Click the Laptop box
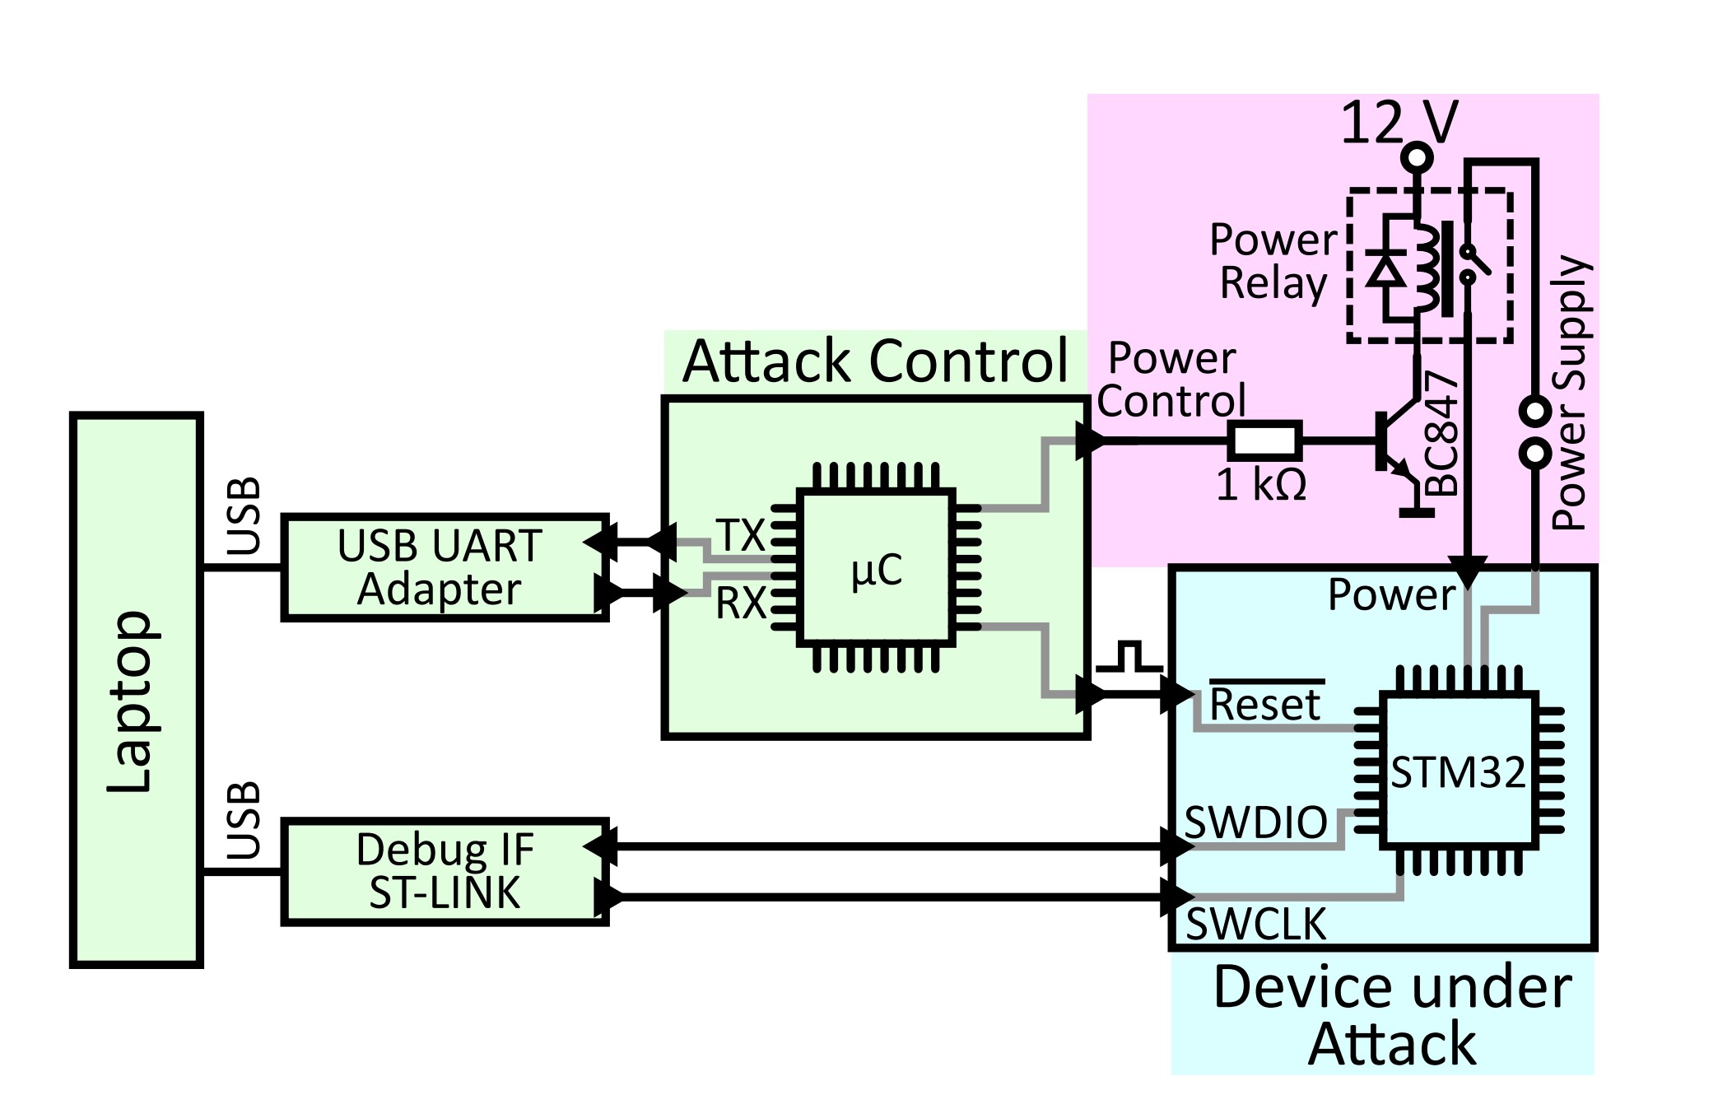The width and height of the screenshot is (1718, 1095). [x=137, y=690]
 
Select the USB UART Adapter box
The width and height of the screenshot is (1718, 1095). [x=445, y=567]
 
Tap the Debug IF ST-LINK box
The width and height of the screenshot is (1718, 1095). [x=445, y=872]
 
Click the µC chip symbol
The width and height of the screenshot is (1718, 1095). [x=877, y=567]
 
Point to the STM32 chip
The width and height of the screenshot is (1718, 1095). [x=1459, y=771]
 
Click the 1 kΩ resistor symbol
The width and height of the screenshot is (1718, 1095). [x=1265, y=440]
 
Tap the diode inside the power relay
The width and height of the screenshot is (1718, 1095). [x=1386, y=268]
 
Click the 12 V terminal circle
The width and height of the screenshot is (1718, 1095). [x=1417, y=156]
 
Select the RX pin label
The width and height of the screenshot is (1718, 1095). [x=741, y=603]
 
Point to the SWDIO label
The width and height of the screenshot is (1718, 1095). [x=1255, y=822]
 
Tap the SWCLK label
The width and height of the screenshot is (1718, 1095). [x=1255, y=924]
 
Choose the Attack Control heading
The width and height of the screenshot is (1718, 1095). [x=875, y=361]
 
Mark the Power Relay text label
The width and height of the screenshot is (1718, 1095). [x=1273, y=262]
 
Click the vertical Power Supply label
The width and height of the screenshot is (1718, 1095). [x=1570, y=392]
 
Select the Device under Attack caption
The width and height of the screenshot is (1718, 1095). [x=1392, y=1016]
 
